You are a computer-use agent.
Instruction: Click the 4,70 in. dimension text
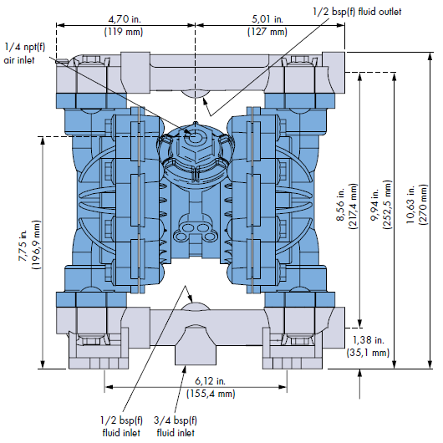[125, 19]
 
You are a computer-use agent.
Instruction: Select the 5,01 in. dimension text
[267, 19]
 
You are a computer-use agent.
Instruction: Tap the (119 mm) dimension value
[124, 32]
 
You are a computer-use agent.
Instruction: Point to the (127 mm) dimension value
[267, 32]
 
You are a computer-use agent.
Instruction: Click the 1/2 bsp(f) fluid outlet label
[357, 12]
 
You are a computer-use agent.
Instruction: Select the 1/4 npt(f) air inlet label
[24, 53]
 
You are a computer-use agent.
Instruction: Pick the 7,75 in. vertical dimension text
[23, 245]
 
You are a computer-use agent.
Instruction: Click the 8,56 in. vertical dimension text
[340, 203]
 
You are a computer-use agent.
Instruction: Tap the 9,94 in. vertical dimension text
[374, 204]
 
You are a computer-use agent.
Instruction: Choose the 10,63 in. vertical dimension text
[410, 204]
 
